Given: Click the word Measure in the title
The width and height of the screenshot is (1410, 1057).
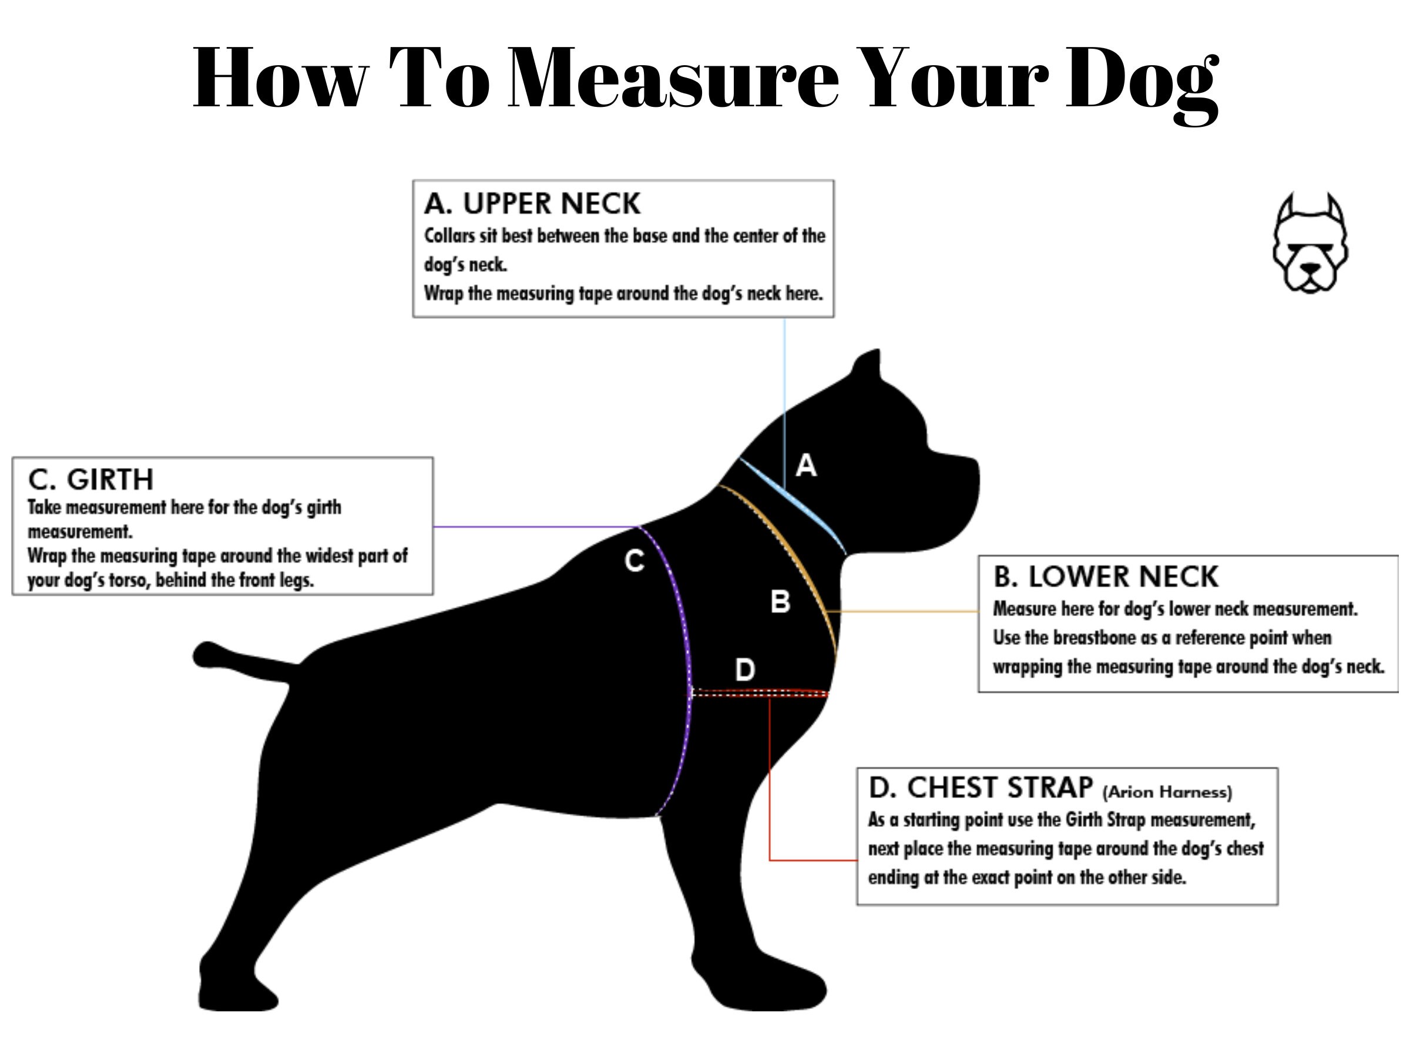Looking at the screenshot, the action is coord(673,78).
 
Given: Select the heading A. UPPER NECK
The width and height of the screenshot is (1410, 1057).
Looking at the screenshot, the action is coord(532,204).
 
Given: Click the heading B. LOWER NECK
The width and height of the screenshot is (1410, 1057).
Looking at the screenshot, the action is coord(1105,577).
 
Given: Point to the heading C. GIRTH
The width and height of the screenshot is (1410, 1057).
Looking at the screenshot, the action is coord(90,480).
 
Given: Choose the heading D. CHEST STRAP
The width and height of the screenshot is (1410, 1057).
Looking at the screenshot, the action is coord(981,788).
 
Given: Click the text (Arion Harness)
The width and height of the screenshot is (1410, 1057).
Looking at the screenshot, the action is coord(1167,792).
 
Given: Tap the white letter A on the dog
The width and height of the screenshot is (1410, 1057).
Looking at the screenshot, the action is coord(805,466).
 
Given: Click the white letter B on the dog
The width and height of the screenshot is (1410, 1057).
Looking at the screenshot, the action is coord(780,601).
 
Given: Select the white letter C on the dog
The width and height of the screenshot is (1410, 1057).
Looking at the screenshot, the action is coord(634,561).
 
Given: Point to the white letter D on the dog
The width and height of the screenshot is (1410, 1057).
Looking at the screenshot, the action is coord(744,669).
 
